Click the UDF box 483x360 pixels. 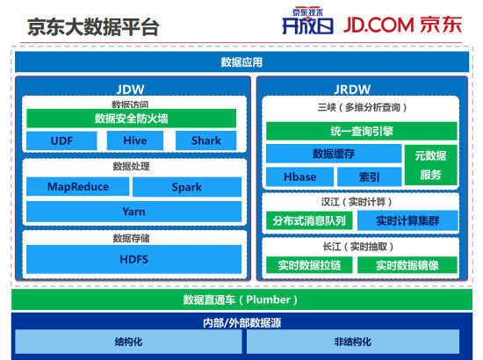coord(61,140)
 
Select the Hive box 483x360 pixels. coord(133,140)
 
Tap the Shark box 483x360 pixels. coord(205,140)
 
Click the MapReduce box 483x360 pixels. coord(76,187)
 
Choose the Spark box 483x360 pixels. coord(186,187)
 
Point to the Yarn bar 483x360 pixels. coord(133,212)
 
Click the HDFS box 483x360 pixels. coord(133,259)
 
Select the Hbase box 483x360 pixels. coord(299,176)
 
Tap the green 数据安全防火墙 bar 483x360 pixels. coord(132,119)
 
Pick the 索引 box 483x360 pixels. coord(371,176)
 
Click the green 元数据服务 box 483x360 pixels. coord(430,165)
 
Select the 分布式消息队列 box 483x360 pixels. coord(309,220)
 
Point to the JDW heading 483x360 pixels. coord(132,89)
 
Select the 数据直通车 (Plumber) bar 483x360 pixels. coord(241,300)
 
